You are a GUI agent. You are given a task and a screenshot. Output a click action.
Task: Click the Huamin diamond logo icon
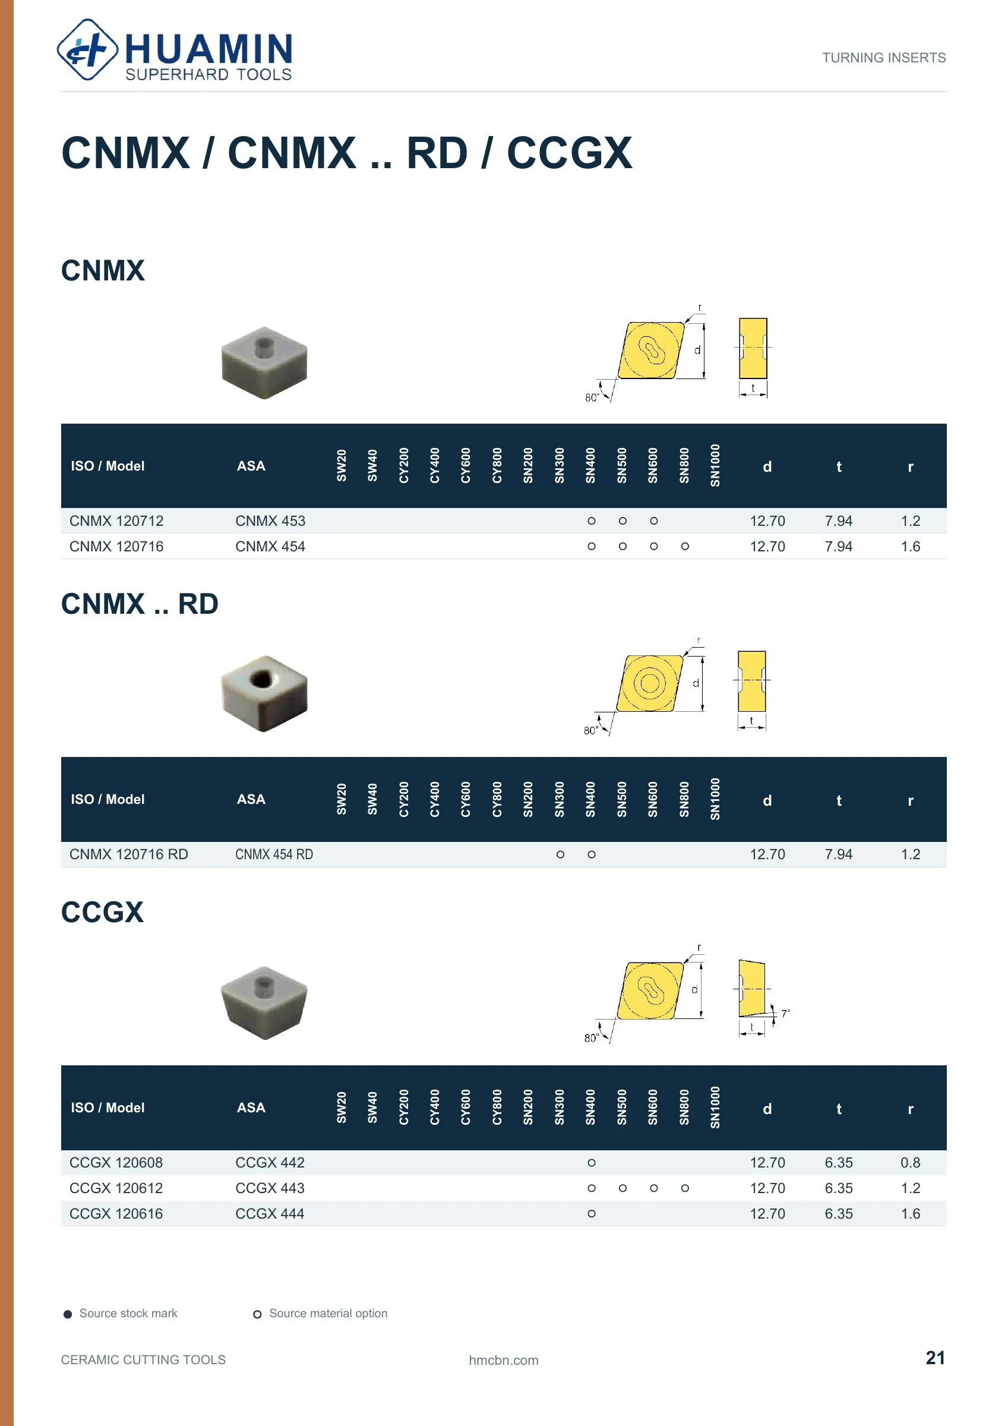[87, 50]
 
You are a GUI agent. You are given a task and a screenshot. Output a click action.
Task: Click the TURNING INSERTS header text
[884, 58]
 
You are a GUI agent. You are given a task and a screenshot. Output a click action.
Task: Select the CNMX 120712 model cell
[116, 521]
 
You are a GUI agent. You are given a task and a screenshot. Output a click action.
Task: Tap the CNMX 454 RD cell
[274, 854]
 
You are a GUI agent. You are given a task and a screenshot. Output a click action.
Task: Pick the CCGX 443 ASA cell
[270, 1188]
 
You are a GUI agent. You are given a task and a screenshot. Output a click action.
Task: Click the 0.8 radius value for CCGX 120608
[911, 1163]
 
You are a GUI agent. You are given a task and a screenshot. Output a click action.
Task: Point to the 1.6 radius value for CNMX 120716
[911, 547]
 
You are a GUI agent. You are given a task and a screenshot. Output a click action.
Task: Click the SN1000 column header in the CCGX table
[715, 1108]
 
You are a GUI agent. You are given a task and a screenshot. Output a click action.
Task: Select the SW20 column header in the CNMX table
[342, 466]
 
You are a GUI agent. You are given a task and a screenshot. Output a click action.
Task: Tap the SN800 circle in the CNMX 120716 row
[685, 547]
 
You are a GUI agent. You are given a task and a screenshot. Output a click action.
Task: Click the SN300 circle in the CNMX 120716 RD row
[560, 854]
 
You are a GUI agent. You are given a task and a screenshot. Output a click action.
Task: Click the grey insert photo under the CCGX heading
[264, 1002]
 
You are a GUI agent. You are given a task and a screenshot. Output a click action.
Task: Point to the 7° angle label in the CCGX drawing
[786, 1014]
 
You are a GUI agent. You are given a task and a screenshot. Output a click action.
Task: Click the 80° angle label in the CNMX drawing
[592, 397]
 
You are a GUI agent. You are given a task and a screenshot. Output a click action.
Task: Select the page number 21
[936, 1358]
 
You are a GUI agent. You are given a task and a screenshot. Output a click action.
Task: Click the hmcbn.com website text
[504, 1360]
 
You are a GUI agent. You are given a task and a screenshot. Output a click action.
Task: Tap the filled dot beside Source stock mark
[68, 1314]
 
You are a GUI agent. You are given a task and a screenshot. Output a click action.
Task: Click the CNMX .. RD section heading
[140, 604]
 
